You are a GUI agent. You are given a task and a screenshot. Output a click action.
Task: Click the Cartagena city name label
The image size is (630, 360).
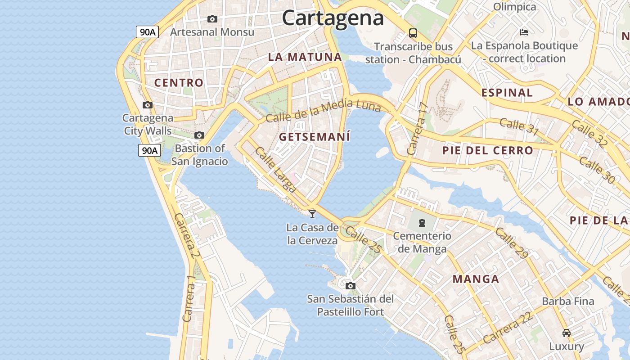tap(333, 18)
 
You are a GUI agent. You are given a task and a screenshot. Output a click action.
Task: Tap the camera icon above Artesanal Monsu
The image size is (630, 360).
tap(212, 19)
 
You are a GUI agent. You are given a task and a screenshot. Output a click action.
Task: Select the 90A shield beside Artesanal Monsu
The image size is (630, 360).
tap(148, 31)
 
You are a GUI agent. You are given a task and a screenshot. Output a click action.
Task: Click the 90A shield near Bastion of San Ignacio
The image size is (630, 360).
tap(149, 150)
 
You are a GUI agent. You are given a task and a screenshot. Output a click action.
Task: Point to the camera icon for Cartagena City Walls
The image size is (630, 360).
tap(147, 105)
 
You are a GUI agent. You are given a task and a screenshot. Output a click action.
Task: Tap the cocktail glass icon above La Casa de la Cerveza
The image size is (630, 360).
tap(312, 214)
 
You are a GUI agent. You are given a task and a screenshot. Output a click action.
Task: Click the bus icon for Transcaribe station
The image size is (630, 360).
tap(413, 33)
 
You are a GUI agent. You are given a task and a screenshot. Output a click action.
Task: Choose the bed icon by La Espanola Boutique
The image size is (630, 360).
tap(524, 32)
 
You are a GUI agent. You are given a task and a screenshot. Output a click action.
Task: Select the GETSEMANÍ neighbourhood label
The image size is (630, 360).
tap(315, 137)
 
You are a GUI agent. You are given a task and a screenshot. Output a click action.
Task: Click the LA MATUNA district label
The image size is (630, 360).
tap(305, 57)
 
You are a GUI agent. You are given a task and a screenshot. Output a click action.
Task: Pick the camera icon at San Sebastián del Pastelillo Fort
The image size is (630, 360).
tap(351, 286)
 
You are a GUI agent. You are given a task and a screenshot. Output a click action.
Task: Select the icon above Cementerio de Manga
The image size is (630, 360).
tap(422, 222)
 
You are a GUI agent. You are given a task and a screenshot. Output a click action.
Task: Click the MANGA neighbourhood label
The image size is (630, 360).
tap(476, 279)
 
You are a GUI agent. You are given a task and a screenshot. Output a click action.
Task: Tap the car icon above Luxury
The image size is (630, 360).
tap(567, 333)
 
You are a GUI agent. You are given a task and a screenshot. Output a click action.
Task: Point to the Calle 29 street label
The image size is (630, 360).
tap(512, 243)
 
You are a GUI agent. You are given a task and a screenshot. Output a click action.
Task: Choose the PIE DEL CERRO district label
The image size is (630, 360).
tap(487, 150)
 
